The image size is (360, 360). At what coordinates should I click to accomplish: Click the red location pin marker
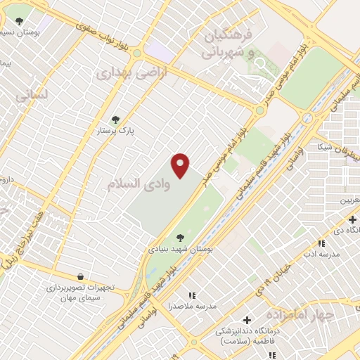click(181, 165)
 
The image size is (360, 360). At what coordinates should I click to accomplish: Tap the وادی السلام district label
click(139, 184)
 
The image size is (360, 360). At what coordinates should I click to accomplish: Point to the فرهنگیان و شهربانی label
click(226, 42)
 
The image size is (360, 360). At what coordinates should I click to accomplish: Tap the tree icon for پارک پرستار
click(116, 120)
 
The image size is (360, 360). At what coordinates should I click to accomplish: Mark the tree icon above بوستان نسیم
click(19, 21)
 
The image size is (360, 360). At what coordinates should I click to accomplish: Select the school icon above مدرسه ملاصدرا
click(191, 295)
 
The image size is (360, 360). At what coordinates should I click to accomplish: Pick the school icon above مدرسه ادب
click(321, 243)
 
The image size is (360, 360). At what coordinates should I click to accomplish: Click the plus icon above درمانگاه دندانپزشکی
click(247, 320)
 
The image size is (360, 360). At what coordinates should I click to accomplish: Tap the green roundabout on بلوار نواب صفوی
click(137, 52)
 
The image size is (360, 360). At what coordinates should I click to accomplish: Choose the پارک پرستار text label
click(117, 131)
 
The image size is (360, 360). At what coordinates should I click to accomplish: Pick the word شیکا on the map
click(324, 146)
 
